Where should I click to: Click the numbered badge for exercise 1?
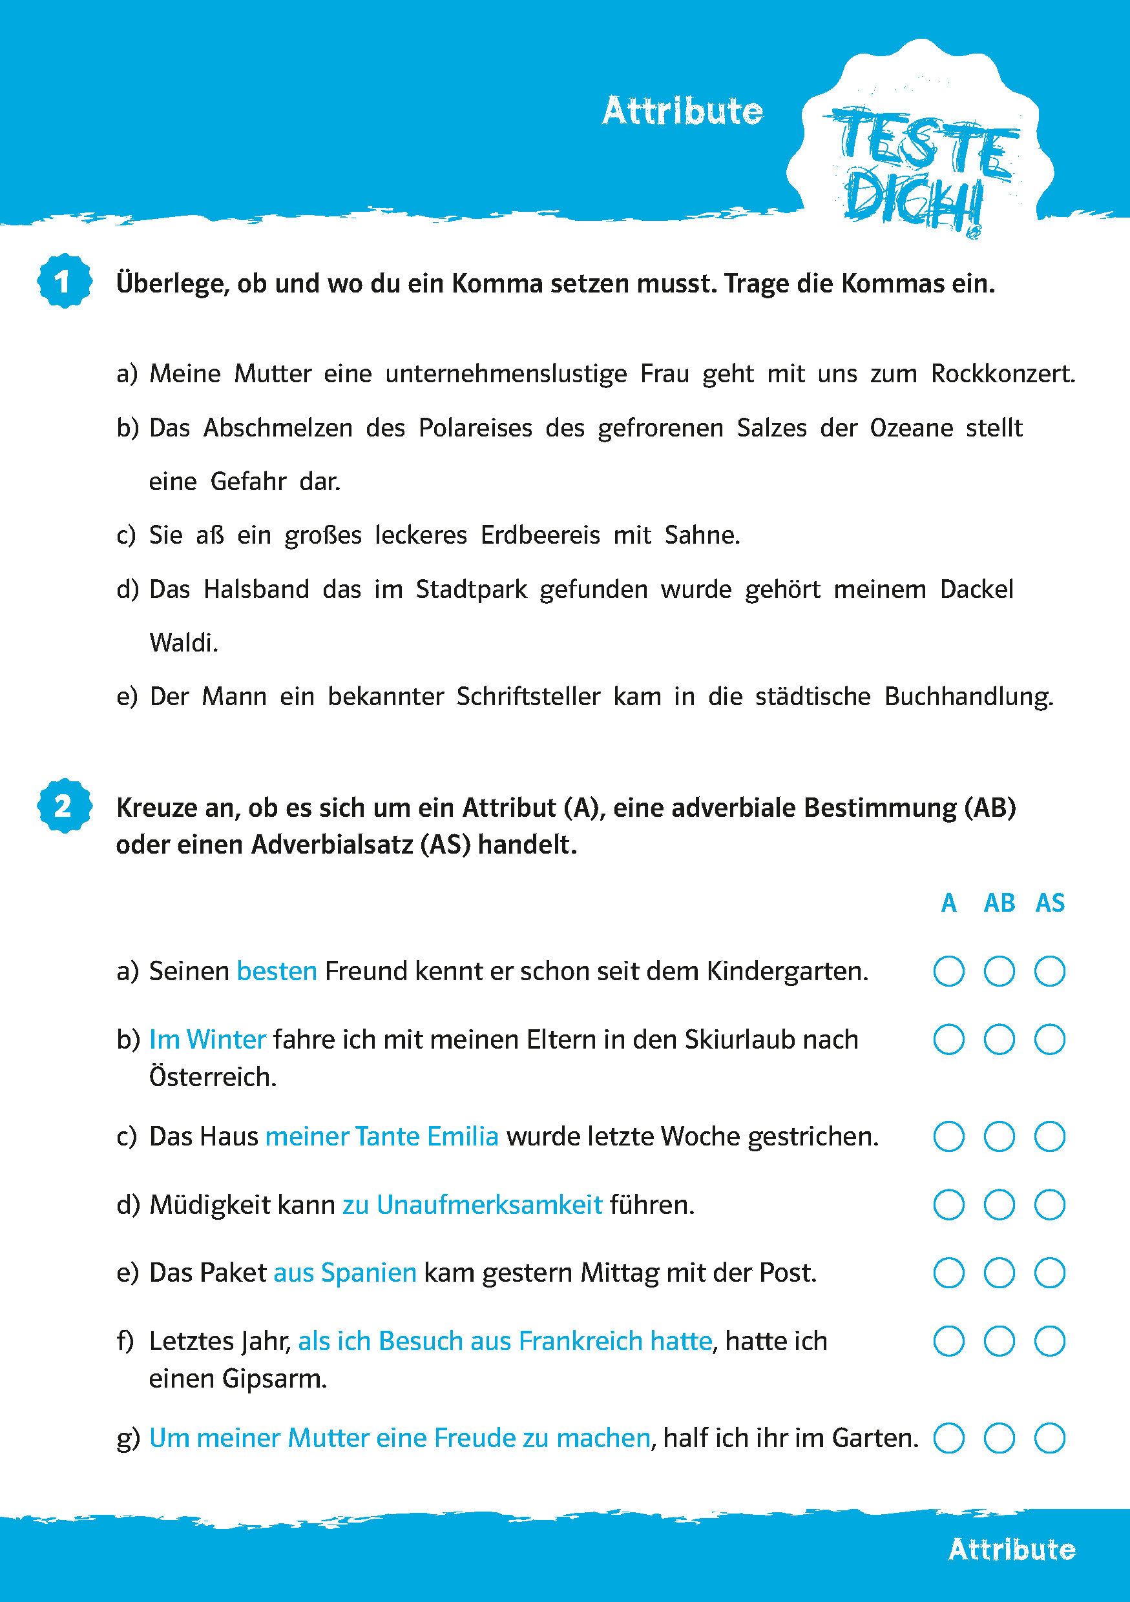point(64,281)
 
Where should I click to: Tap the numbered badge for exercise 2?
point(64,806)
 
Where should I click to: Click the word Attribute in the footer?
point(1011,1549)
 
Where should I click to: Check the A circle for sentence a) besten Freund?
point(948,971)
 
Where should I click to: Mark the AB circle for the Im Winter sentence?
point(999,1040)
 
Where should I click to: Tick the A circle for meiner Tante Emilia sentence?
point(948,1136)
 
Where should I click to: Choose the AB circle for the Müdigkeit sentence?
point(999,1204)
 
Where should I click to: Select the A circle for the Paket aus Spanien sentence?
point(948,1273)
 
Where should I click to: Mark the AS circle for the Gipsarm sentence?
point(1049,1341)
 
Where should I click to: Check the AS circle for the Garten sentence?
point(1049,1437)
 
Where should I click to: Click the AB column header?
point(999,903)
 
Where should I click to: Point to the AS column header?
point(1050,903)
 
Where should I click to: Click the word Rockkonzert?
point(1002,374)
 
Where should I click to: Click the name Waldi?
point(183,642)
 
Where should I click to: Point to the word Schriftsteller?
point(528,696)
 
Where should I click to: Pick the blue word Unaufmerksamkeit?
point(489,1205)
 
